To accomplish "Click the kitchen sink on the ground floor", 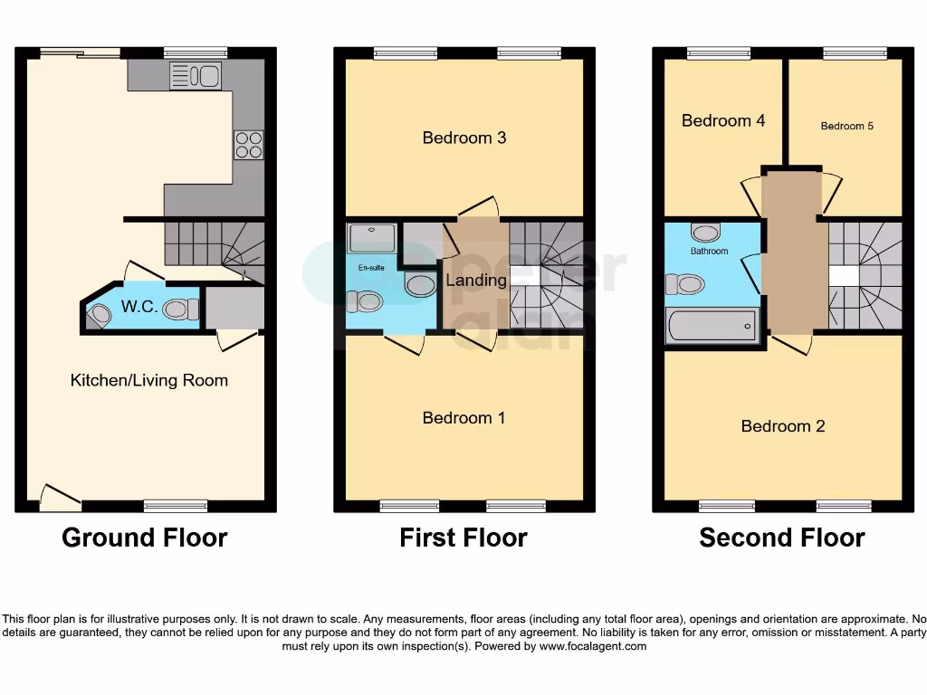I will coord(195,76).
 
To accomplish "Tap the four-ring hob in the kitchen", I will coord(249,145).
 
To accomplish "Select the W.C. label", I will coord(140,307).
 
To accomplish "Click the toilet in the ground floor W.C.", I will coord(182,309).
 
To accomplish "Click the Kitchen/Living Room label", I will coord(149,380).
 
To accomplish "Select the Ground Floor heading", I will coord(145,538).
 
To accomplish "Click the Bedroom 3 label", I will coord(463,138).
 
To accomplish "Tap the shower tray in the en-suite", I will coord(369,238).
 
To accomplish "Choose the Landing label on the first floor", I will coord(476,281).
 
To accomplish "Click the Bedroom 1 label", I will coord(463,417).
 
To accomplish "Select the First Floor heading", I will coord(463,538).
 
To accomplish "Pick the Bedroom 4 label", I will coord(723,120).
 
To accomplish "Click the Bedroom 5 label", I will coord(847,126).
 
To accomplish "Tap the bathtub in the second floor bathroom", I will coord(712,326).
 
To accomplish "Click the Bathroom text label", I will coord(709,251).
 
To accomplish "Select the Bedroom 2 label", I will coord(783,426).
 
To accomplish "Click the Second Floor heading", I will coord(782,538).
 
